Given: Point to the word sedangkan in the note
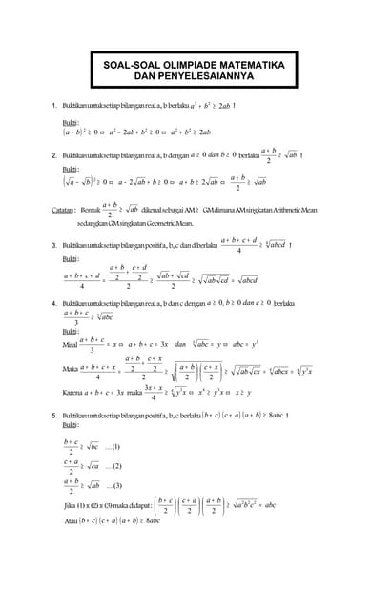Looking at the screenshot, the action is [93, 221].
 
